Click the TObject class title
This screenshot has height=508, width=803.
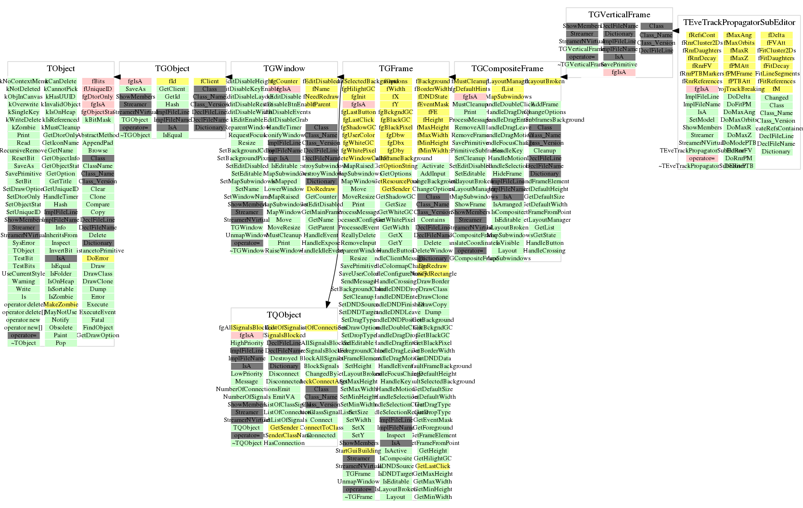point(61,69)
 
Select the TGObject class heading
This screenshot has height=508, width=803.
point(172,69)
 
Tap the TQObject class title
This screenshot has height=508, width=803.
point(284,315)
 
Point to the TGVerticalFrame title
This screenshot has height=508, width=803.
point(619,15)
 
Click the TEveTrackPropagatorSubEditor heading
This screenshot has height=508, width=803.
point(739,23)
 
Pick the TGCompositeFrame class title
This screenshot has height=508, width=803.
point(507,69)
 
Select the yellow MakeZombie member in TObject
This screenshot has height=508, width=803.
point(61,305)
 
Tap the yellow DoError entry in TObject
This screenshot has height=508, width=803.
point(98,258)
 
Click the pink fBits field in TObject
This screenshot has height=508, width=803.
point(98,81)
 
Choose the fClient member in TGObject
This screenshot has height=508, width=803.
point(209,81)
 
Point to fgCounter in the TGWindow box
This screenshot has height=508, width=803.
point(284,81)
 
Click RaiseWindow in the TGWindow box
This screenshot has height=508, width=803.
point(284,251)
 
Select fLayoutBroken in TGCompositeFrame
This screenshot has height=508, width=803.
point(544,81)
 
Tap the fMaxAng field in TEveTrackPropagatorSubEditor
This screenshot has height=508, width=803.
point(739,35)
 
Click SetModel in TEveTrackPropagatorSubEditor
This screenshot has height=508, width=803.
point(702,120)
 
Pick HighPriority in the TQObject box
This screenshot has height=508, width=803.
point(247,343)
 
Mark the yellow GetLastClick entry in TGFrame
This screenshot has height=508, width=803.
point(433,466)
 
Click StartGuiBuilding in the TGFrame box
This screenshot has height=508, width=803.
point(359,451)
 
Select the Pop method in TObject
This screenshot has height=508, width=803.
point(61,343)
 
